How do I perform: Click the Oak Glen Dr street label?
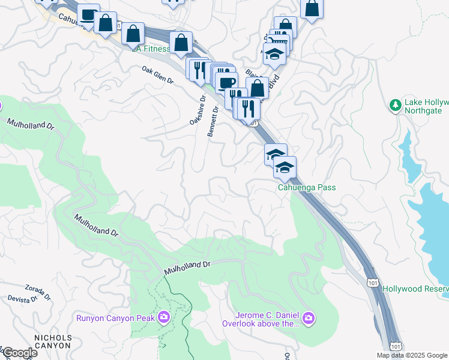(x=157, y=76)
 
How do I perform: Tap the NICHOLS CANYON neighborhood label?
(x=53, y=341)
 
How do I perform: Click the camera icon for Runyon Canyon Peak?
(x=163, y=317)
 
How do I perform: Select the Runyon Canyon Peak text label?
(x=116, y=317)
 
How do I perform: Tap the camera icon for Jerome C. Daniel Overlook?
(x=308, y=317)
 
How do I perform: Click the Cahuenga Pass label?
(x=306, y=188)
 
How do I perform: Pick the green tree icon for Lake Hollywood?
(x=395, y=106)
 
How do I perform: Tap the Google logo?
(x=19, y=353)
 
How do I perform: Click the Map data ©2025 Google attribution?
(x=412, y=355)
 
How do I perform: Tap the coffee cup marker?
(x=226, y=83)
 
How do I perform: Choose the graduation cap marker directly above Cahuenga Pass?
(x=285, y=167)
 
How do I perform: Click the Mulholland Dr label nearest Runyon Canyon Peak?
(x=188, y=268)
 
